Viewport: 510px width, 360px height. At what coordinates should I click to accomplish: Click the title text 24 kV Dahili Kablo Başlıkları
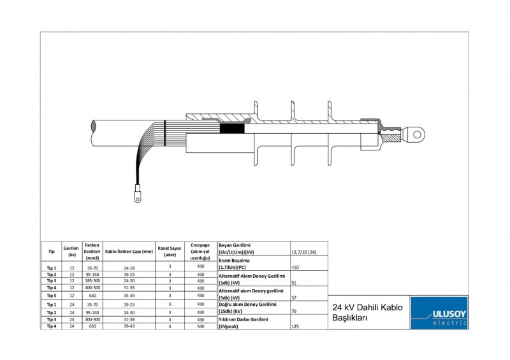[368, 312]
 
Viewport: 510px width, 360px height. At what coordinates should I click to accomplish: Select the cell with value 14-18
[129, 268]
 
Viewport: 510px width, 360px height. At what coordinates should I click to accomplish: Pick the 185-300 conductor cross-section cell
[92, 280]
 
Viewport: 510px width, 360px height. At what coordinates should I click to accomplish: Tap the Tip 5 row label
[51, 296]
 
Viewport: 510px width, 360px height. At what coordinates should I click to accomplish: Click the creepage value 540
[200, 326]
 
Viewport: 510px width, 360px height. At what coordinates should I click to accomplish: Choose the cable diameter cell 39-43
[129, 326]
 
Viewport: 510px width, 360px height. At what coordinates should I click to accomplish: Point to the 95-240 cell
[92, 312]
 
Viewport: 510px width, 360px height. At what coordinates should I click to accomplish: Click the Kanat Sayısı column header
[170, 251]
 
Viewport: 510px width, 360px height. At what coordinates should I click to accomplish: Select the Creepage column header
[200, 251]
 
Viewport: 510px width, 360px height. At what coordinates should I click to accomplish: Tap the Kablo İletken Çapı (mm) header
[129, 251]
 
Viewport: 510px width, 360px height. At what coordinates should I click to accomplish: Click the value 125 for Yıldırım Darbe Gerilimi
[296, 326]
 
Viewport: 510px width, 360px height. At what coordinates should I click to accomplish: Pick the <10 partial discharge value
[295, 267]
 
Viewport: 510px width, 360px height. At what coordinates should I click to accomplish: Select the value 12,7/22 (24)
[303, 252]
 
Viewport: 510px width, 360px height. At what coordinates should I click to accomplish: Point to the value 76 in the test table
[294, 312]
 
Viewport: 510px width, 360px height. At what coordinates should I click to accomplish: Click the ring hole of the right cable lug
[418, 134]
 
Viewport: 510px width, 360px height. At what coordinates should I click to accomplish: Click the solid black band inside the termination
[232, 128]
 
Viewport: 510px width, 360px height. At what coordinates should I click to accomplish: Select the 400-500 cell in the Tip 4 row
[92, 287]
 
